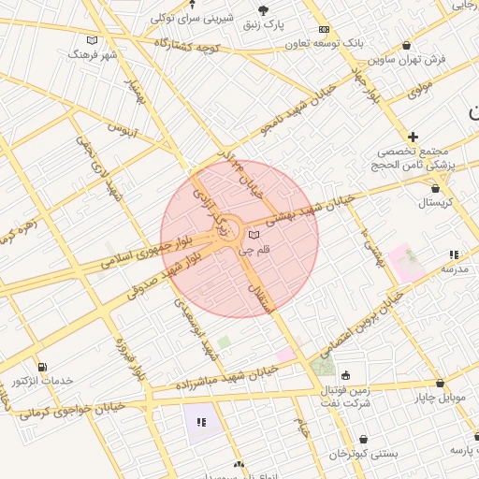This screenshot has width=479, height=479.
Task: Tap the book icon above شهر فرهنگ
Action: tap(92, 40)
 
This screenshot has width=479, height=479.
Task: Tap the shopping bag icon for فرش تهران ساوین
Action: tap(405, 45)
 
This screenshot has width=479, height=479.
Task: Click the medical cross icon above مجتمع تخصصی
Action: tap(413, 137)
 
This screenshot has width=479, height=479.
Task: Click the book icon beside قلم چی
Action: tap(254, 235)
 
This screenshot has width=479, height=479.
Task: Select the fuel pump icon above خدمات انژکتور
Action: tap(41, 367)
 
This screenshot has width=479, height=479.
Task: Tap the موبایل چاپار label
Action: tap(440, 399)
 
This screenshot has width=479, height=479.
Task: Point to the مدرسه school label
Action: tap(455, 269)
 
